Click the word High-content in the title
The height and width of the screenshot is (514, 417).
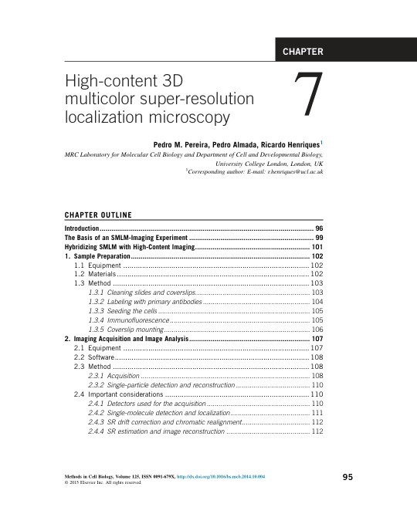[106, 81]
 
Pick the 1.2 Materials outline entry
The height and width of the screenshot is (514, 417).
[94, 274]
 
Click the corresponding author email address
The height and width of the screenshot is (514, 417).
[293, 173]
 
